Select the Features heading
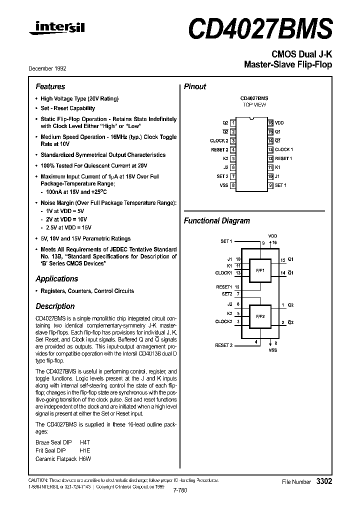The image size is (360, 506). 50,86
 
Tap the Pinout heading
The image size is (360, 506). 195,86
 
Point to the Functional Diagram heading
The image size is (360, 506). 217,220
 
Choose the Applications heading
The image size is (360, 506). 57,278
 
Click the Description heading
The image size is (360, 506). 55,306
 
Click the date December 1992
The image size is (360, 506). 50,68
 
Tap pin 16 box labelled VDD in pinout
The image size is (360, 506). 270,122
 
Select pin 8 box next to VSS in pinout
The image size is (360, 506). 233,185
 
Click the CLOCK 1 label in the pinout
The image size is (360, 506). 284,149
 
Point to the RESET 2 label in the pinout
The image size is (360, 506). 219,149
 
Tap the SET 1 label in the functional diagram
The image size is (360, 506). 226,241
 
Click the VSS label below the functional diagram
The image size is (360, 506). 272,350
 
